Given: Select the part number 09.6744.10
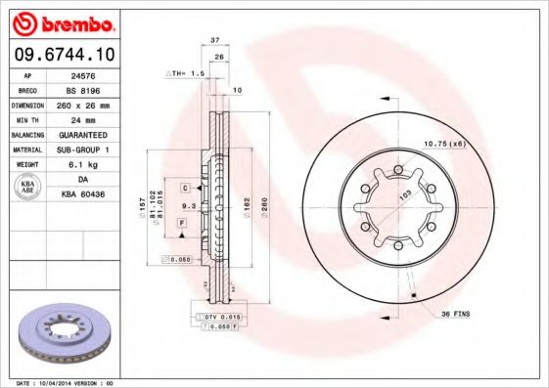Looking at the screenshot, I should (62, 55).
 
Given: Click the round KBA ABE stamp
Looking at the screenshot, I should (26, 188).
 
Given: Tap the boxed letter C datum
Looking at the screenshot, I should (183, 185).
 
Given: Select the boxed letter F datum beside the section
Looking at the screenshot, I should (182, 225).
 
